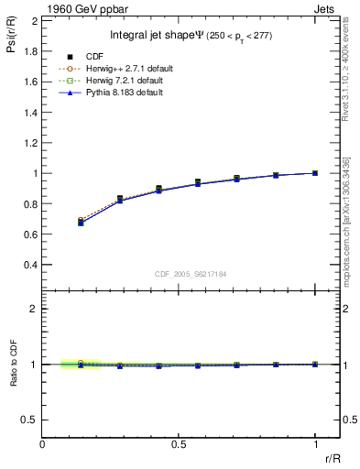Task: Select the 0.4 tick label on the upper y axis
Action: coord(29,265)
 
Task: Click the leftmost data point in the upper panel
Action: coord(81,222)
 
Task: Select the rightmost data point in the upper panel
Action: coord(315,173)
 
